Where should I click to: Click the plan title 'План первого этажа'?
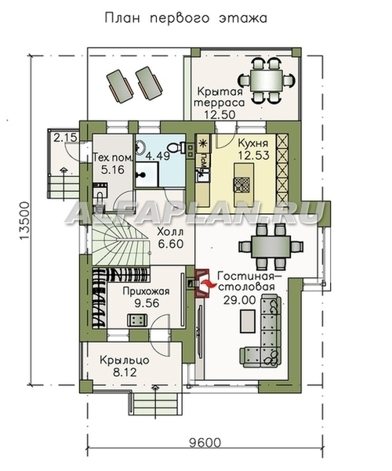coord(186,18)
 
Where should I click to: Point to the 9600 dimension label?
coord(205,443)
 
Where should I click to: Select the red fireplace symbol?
coord(202,283)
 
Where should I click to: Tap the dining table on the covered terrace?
coord(266,81)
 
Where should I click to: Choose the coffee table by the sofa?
coord(248,321)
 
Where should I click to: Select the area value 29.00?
coord(239,300)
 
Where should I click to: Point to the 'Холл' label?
coord(170,232)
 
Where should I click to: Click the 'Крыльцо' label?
coord(125,360)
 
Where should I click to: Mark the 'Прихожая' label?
coord(146,291)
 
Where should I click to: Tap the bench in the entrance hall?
coord(137,320)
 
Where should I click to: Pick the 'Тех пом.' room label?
coord(112,158)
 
